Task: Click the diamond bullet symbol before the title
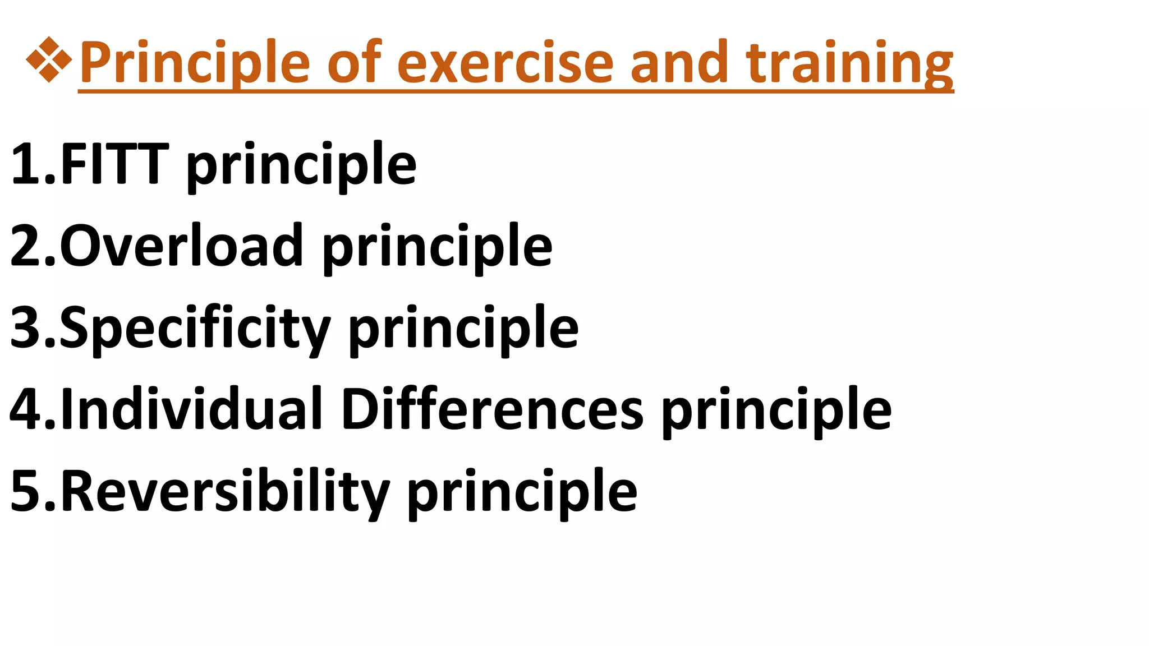click(49, 59)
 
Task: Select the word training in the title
click(849, 63)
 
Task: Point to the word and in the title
click(679, 63)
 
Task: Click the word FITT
click(114, 164)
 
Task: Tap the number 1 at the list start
click(26, 164)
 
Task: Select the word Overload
click(182, 246)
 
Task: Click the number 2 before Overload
click(26, 246)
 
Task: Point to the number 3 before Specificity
click(26, 327)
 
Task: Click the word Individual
click(191, 409)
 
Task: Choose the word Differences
click(492, 409)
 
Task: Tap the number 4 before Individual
click(26, 409)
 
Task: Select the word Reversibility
click(224, 491)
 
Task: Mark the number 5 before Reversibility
click(26, 491)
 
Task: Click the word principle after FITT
click(301, 165)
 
